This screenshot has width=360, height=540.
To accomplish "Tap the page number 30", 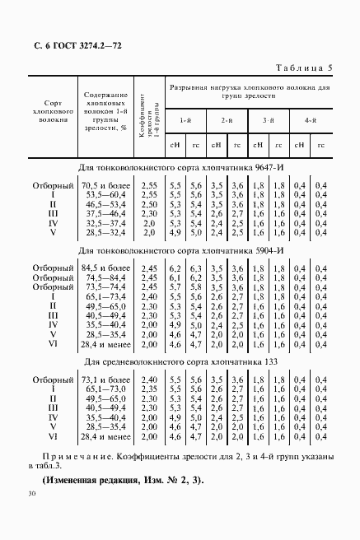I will coord(30,494).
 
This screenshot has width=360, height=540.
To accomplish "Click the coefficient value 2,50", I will coord(148,204).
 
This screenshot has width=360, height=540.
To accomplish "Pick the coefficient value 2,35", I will coord(148,388).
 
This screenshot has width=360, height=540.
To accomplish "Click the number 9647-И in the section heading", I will coord(270,168).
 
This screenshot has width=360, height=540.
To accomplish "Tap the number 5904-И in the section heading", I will coord(270,249).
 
